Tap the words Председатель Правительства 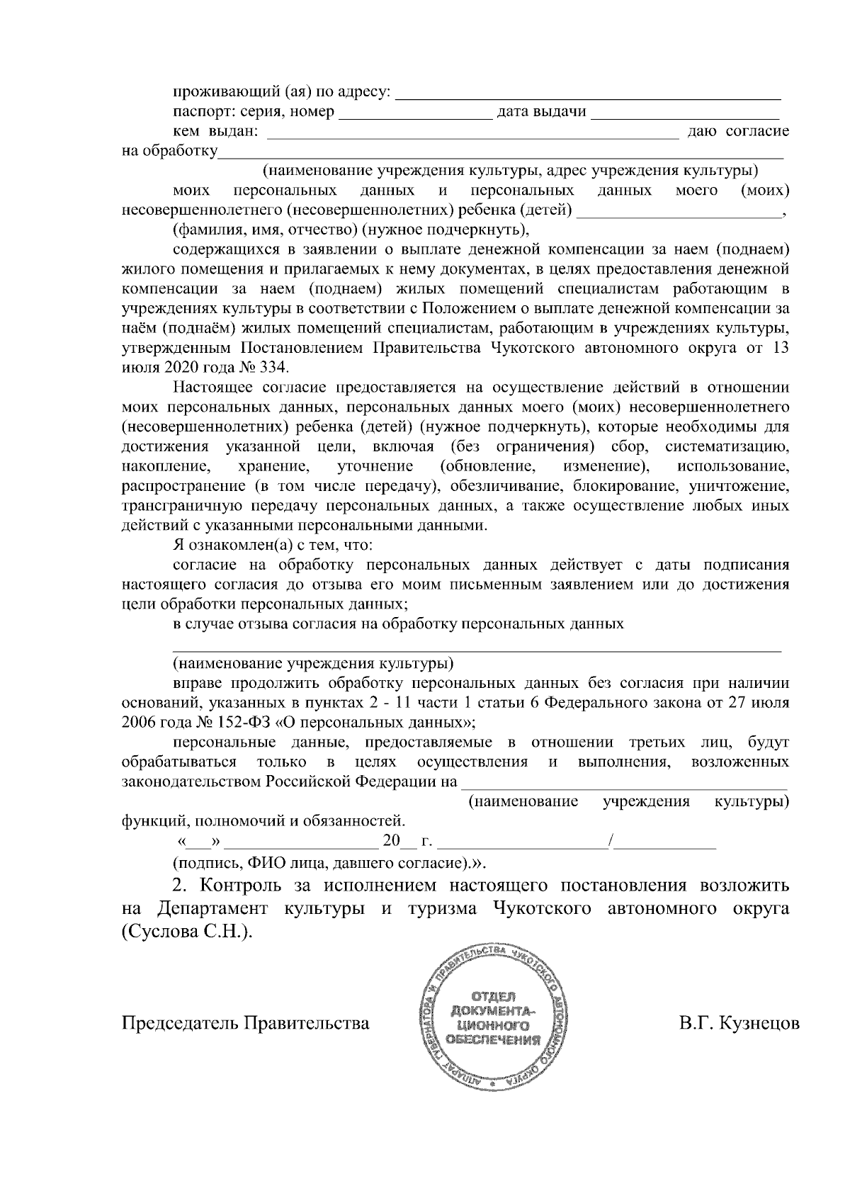[246, 1024]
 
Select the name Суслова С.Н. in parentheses [186, 932]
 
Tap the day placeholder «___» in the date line [201, 842]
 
